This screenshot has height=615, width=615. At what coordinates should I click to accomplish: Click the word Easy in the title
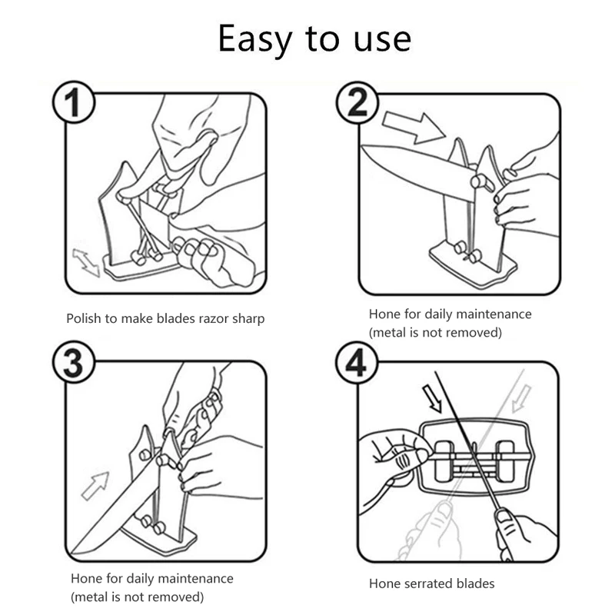click(x=255, y=39)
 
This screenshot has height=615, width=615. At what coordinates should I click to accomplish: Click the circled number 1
click(x=73, y=102)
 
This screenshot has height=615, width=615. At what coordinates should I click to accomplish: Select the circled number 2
click(x=357, y=102)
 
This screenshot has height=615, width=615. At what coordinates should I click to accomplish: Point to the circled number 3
click(x=73, y=361)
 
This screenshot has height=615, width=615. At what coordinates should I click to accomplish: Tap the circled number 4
click(x=356, y=362)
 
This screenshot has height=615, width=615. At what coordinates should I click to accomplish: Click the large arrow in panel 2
click(x=414, y=127)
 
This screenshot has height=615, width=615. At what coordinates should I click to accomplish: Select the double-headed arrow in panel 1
click(x=86, y=262)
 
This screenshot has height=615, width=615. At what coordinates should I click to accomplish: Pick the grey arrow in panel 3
click(x=95, y=486)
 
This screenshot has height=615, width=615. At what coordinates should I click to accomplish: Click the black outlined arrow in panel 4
click(x=432, y=399)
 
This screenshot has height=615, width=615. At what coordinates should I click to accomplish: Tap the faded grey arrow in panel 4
click(x=522, y=398)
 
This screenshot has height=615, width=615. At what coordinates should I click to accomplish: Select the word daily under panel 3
click(x=141, y=580)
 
